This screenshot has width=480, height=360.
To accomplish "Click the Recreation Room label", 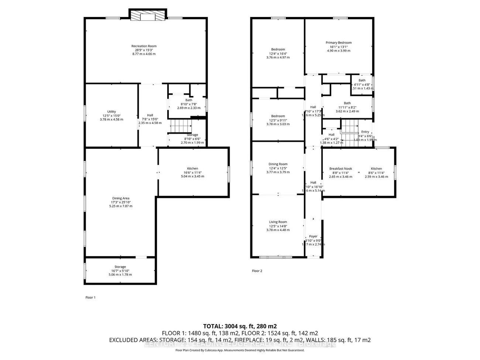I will pyautogui.click(x=144, y=46).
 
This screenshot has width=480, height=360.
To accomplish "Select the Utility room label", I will pyautogui.click(x=112, y=112).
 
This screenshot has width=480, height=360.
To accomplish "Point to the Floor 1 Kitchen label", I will pyautogui.click(x=192, y=168).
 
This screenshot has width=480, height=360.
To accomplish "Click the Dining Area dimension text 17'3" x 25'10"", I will pyautogui.click(x=120, y=202).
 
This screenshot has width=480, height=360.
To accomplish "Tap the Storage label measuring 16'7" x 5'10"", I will pyautogui.click(x=120, y=267).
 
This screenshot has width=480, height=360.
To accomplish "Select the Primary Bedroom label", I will pyautogui.click(x=339, y=42).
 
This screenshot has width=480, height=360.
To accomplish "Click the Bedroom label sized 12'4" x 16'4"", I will pyautogui.click(x=278, y=49).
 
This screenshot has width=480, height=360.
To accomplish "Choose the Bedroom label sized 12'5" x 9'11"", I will pyautogui.click(x=278, y=116).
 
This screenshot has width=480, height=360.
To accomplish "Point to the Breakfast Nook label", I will pyautogui.click(x=340, y=169).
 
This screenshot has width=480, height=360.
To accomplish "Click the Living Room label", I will pyautogui.click(x=278, y=222).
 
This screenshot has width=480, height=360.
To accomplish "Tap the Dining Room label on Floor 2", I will pyautogui.click(x=278, y=164).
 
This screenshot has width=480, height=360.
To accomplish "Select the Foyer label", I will pyautogui.click(x=313, y=236).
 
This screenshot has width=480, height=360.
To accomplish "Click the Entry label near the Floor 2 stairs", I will pyautogui.click(x=365, y=132).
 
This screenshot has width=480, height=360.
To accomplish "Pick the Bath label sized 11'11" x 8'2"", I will pyautogui.click(x=347, y=103).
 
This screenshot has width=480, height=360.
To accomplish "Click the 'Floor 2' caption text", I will pyautogui.click(x=257, y=271).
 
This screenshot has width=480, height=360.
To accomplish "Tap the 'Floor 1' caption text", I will pyautogui.click(x=90, y=297).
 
